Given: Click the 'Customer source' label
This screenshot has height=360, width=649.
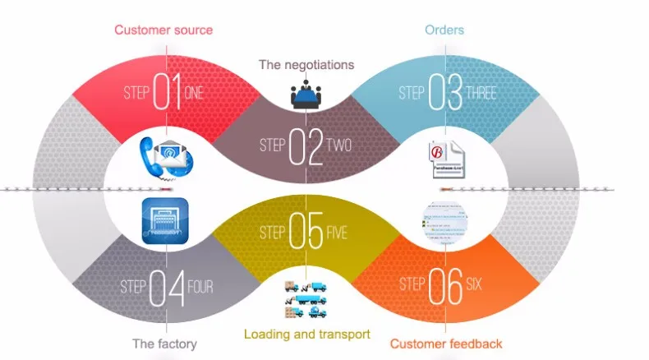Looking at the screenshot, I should point(163,30).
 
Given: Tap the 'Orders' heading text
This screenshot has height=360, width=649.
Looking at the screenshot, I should point(444,30).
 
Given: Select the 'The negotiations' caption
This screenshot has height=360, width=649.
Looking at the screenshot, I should point(306,63).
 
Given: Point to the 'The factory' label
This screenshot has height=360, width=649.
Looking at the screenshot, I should point(164,343).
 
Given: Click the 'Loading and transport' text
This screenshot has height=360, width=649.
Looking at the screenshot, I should point(307,335).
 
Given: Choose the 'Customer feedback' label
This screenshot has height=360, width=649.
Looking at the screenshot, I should point(446,343).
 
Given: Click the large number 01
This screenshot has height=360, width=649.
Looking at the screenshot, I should point(168,93).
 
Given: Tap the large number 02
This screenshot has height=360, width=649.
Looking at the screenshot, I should point(306,145).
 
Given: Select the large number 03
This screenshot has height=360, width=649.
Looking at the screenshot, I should point(445,93).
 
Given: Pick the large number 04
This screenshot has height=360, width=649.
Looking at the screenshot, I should point(167,288).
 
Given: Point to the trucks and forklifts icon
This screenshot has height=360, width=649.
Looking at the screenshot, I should point(307,300).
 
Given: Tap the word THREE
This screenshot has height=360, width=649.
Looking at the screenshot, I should point(481,93).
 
